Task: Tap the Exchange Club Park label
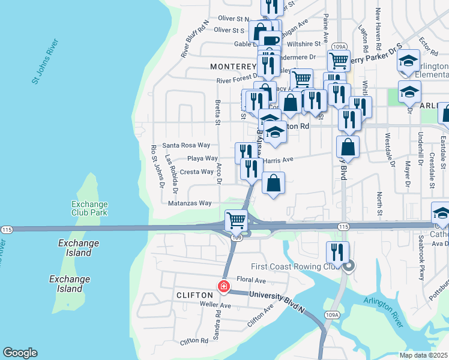pyautogui.click(x=89, y=208)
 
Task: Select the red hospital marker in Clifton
pyautogui.click(x=224, y=287)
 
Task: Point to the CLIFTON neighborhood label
pyautogui.click(x=194, y=295)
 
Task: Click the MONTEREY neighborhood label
pyautogui.click(x=233, y=66)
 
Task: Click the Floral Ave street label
pyautogui.click(x=251, y=280)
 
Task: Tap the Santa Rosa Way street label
pyautogui.click(x=186, y=145)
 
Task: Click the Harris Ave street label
pyautogui.click(x=278, y=160)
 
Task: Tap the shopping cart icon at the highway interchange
pyautogui.click(x=237, y=220)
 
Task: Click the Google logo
pyautogui.click(x=20, y=353)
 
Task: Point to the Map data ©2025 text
pyautogui.click(x=423, y=355)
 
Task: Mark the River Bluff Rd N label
pyautogui.click(x=194, y=39)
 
